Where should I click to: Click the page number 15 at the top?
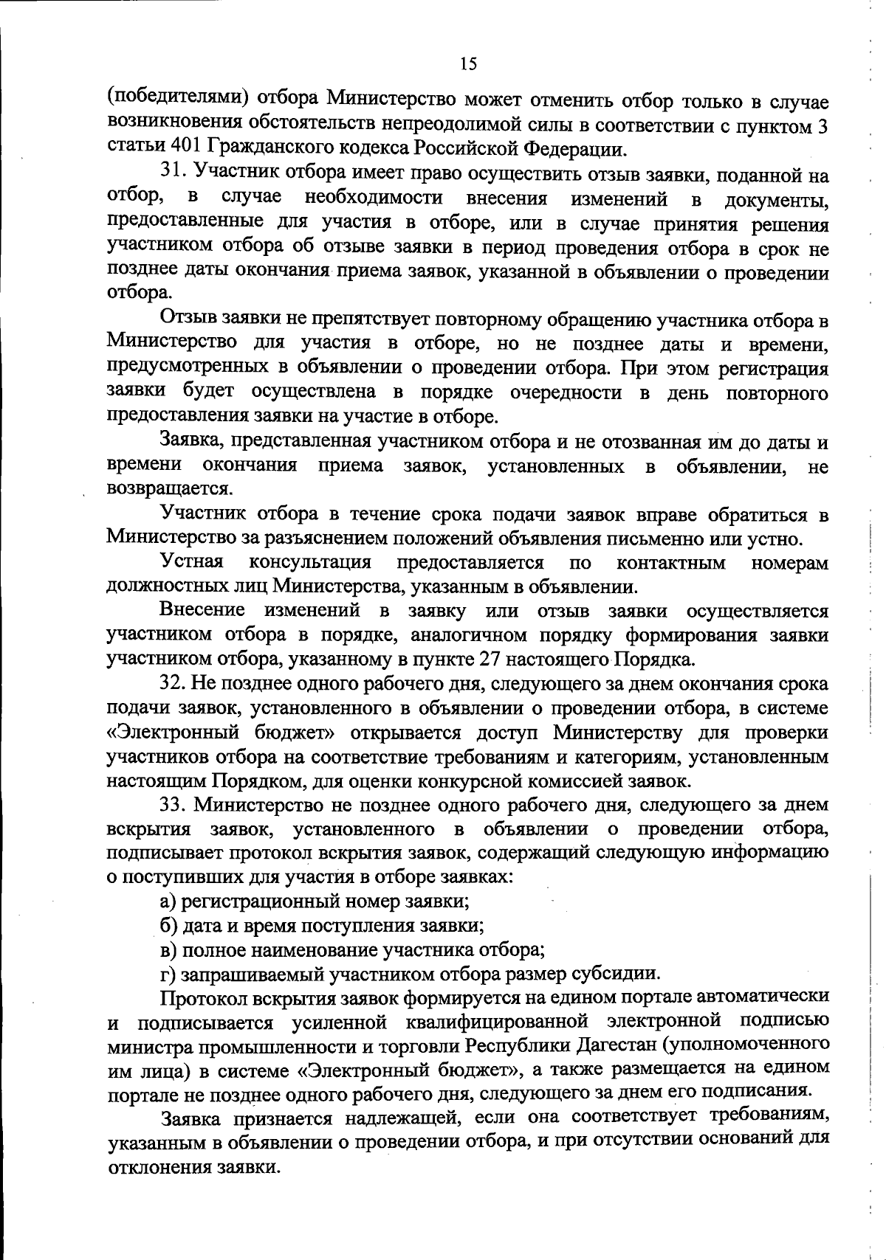tap(468, 63)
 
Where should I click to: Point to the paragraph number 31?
tap(176, 176)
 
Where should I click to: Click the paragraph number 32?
tap(176, 684)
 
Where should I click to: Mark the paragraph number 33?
tap(176, 803)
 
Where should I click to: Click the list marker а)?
tap(169, 901)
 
